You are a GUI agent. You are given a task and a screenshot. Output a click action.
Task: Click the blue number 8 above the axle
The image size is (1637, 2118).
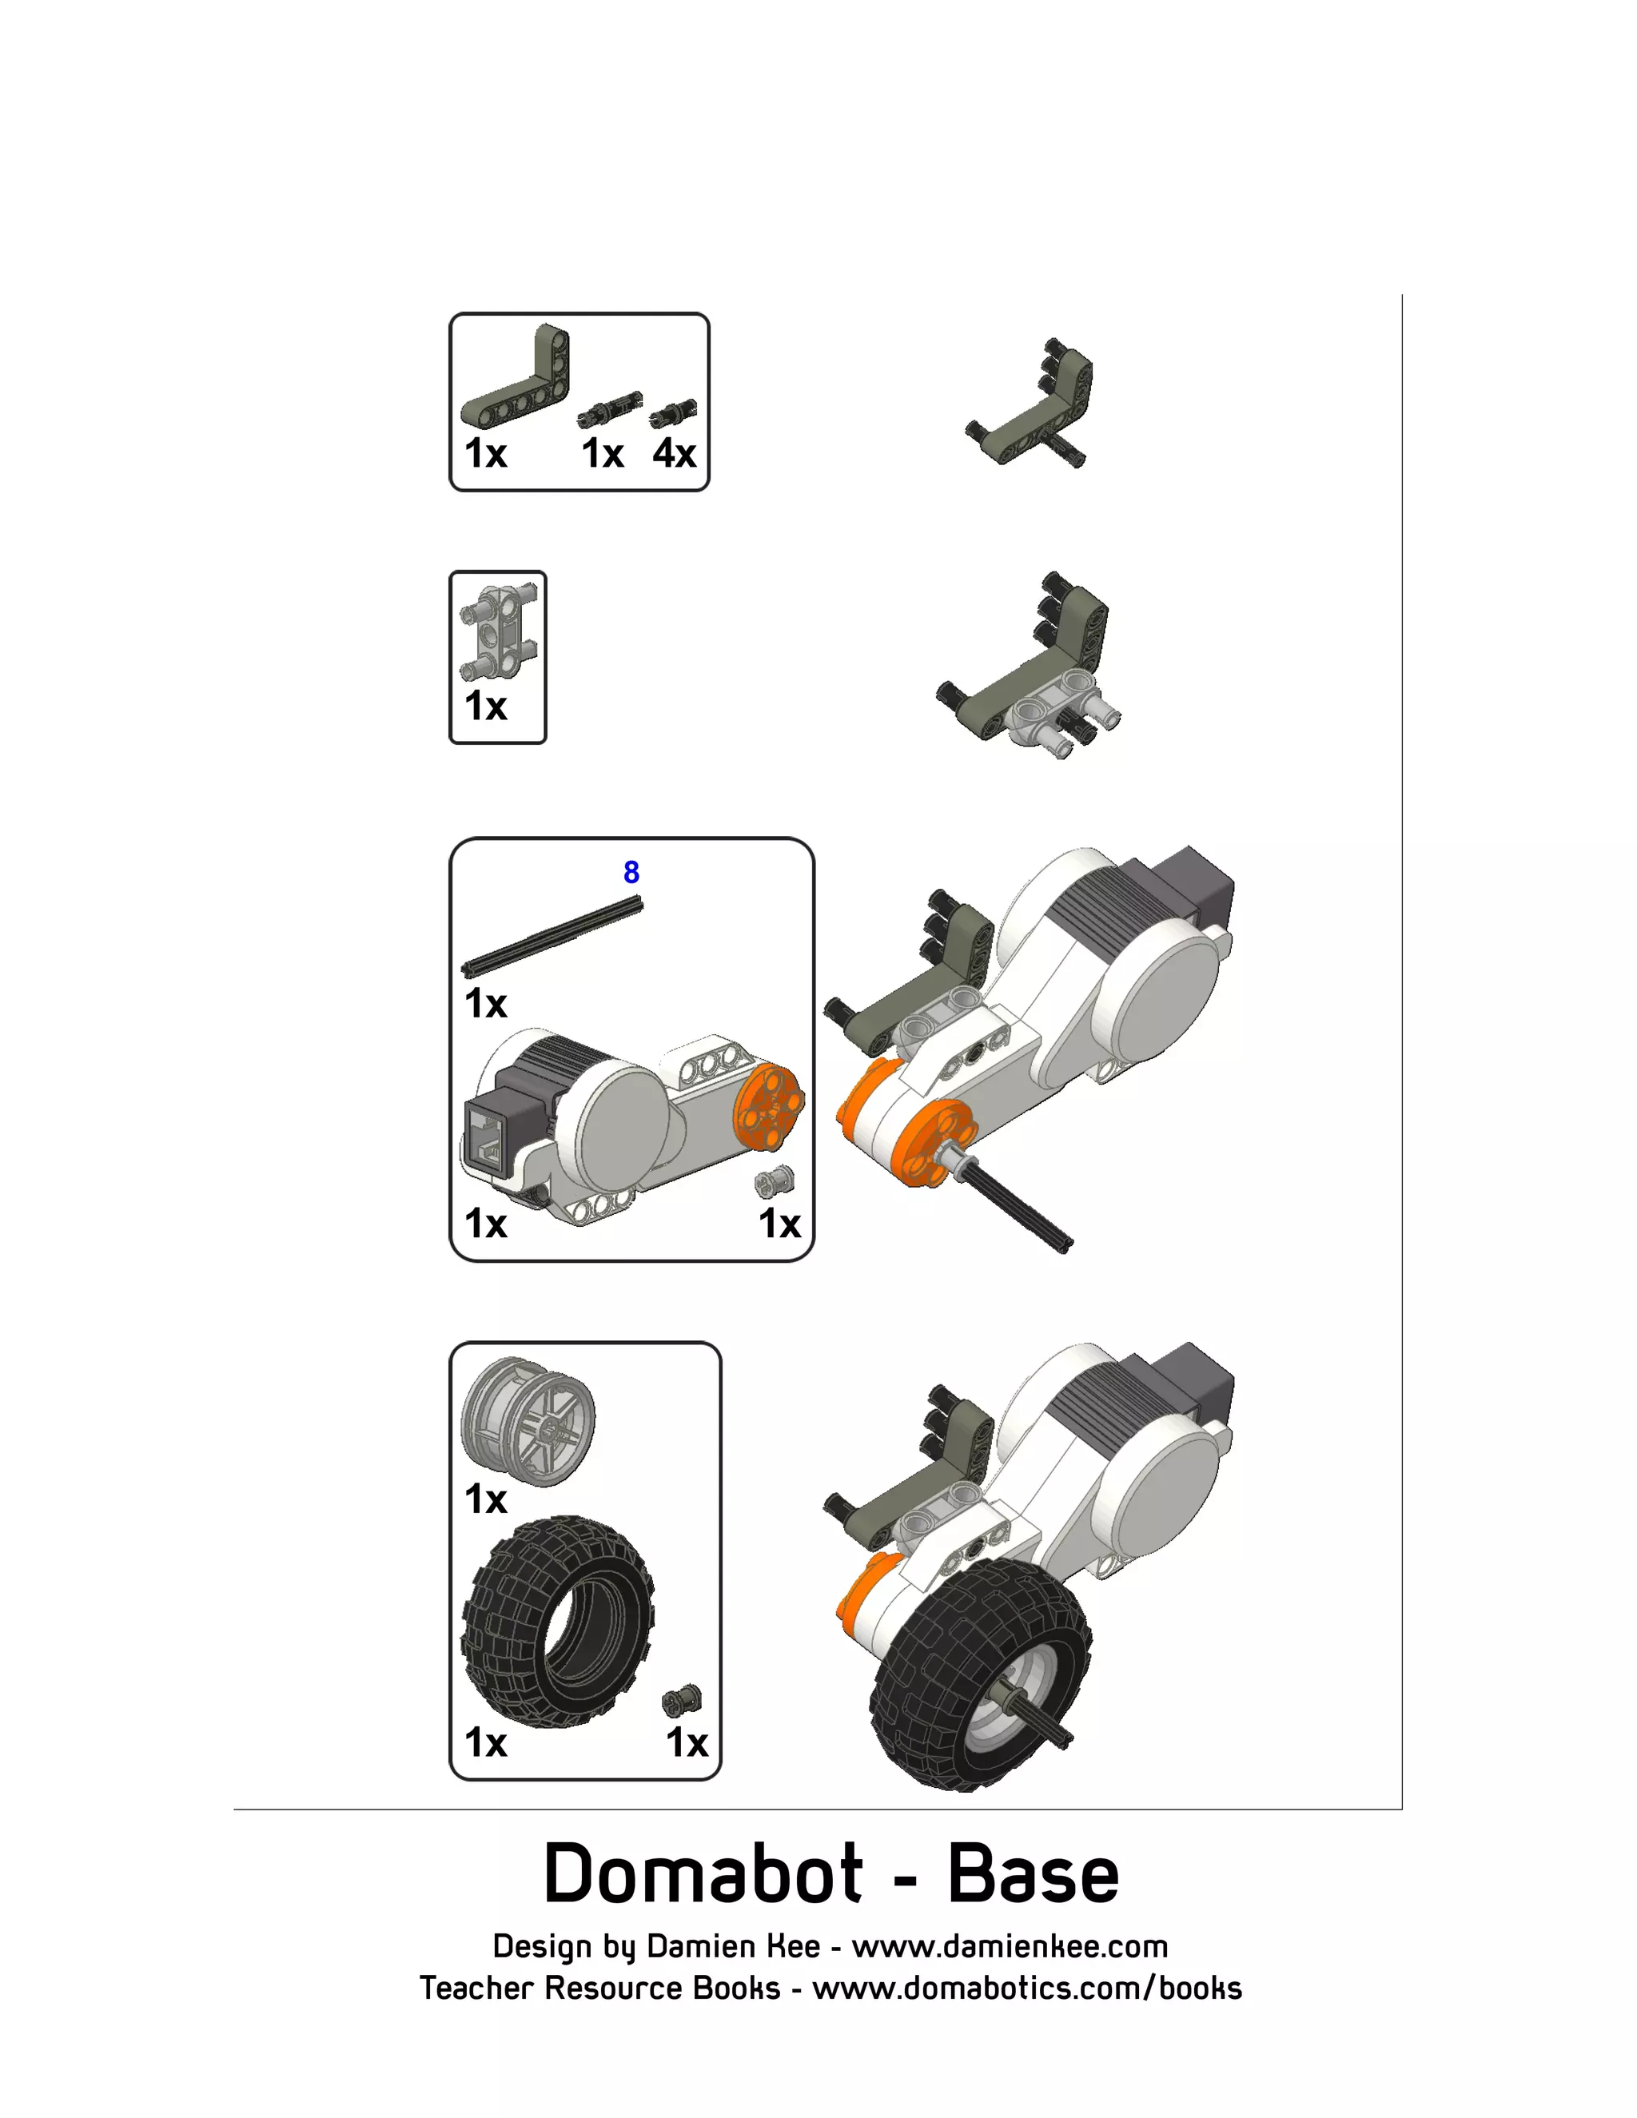[x=631, y=872]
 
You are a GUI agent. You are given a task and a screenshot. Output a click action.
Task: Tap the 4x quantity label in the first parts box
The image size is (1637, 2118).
[x=674, y=453]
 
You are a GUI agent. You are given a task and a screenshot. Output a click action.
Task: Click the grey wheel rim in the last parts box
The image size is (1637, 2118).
[x=528, y=1421]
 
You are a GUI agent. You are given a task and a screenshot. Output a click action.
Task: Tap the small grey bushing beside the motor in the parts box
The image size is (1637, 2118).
[x=776, y=1181]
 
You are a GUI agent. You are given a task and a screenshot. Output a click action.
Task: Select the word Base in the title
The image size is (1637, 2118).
[x=1032, y=1873]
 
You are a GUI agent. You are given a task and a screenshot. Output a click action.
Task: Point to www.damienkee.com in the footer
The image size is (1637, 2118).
[x=1009, y=1946]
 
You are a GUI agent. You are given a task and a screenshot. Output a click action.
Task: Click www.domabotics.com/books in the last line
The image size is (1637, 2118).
[x=1026, y=1988]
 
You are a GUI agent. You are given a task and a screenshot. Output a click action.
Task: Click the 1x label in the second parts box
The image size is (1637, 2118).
[x=486, y=706]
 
